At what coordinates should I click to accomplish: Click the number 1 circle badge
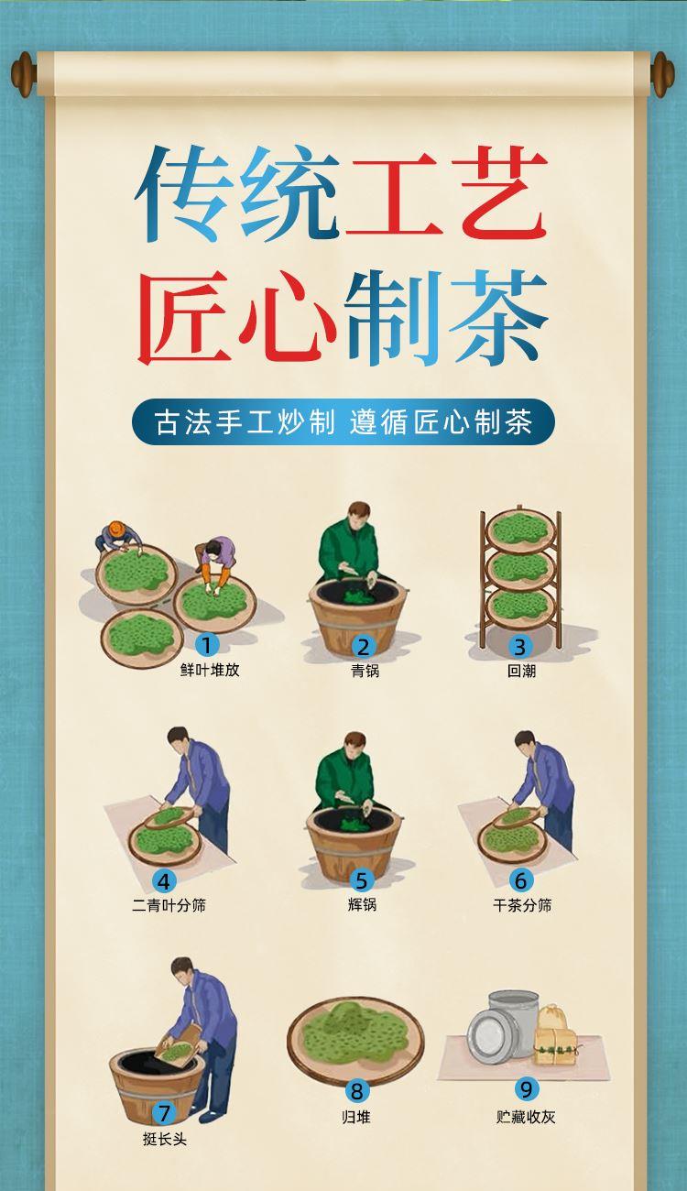207,646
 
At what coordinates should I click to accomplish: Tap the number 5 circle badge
362,880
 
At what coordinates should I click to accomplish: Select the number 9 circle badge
526,1089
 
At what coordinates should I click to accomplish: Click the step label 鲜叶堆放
210,670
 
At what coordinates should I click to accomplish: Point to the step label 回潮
521,671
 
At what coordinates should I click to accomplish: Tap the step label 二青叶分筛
169,905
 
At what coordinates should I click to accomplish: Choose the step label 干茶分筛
522,905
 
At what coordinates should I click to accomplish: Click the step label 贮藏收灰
526,1117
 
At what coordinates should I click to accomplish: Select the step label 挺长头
165,1139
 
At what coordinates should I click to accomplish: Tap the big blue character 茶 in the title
498,317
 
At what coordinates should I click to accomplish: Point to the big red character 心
288,318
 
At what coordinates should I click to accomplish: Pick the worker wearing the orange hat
118,537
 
